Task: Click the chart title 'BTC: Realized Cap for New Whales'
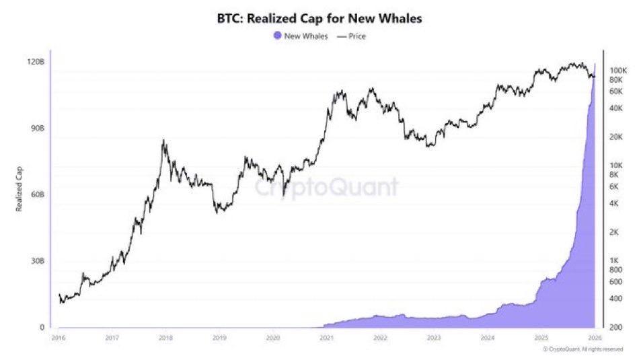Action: coord(319,18)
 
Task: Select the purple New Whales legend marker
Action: coord(278,36)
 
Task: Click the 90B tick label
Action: coord(36,128)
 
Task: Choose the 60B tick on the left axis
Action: coord(36,194)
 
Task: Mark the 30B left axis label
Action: coord(36,261)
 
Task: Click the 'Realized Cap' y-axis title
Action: coord(20,194)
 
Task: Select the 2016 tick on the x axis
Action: coord(59,338)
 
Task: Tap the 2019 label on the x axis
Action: coord(219,338)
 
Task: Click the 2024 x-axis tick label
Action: coord(487,338)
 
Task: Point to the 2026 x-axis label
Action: coord(595,338)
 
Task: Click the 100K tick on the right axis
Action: coord(617,70)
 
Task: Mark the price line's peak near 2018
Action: coord(163,141)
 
